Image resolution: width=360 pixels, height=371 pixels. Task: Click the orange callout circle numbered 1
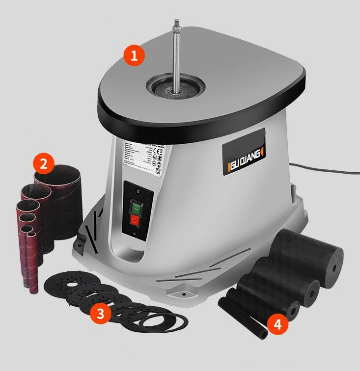pos(134,55)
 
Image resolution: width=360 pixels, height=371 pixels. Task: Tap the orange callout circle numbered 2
pos(44,164)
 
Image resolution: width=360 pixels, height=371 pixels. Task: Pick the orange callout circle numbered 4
pos(277,324)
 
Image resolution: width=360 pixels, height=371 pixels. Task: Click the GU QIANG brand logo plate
pos(243,149)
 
